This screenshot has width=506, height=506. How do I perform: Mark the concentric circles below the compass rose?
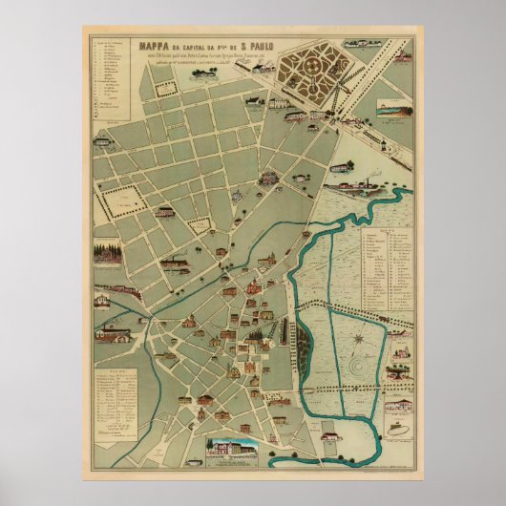click(x=357, y=365)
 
